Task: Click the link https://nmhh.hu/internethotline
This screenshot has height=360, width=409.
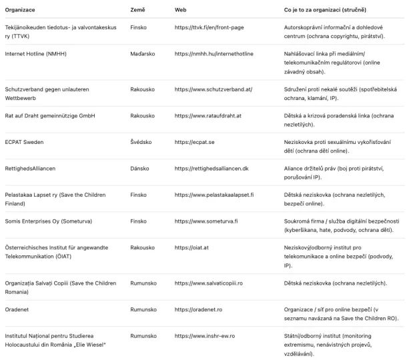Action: click(x=214, y=53)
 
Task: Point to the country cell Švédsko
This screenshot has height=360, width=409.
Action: click(x=142, y=141)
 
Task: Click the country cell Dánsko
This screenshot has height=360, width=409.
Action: click(x=140, y=168)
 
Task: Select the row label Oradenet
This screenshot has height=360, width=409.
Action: click(x=17, y=309)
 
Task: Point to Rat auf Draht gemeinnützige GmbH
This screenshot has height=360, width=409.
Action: click(x=49, y=115)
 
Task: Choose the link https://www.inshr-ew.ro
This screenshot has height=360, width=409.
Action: click(x=205, y=335)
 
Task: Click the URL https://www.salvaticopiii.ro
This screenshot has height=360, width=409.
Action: click(x=209, y=283)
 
